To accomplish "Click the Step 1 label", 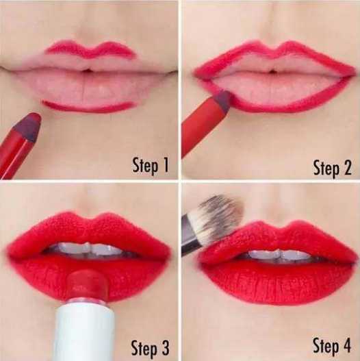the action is [151, 165].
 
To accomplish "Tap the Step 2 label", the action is [332, 168].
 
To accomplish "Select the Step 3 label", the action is [150, 348].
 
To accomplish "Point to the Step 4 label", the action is [332, 345].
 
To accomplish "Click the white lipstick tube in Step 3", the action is [85, 332].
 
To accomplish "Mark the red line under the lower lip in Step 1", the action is [88, 106].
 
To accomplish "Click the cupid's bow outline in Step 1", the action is [90, 49].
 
